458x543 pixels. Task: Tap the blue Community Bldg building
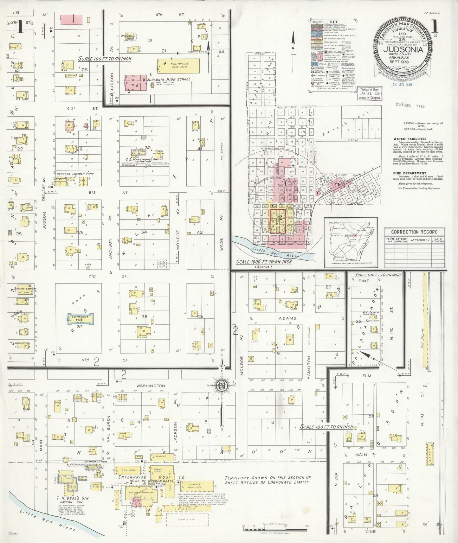coord(80,319)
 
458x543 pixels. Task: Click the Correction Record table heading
coord(414,232)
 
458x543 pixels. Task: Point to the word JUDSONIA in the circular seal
coord(403,50)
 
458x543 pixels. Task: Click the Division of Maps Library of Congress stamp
coord(370,94)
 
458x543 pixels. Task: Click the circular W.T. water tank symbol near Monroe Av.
coord(162,263)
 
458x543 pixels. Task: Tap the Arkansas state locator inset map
coord(351,241)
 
